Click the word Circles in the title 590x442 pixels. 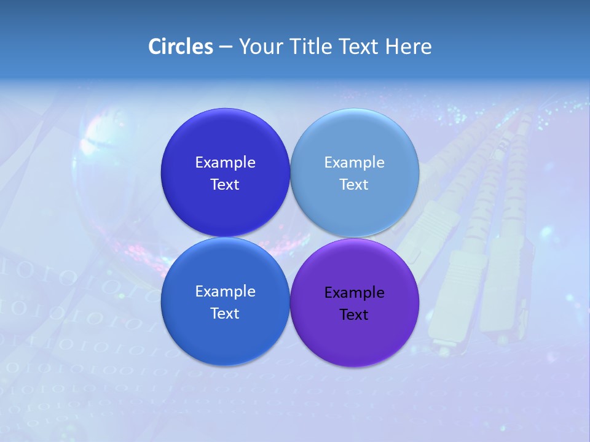(x=180, y=47)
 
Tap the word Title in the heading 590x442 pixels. (x=313, y=47)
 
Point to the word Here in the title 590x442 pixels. (x=408, y=47)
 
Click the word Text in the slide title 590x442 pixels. (x=360, y=47)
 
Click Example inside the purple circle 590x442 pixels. (x=354, y=293)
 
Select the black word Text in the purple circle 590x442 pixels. (x=354, y=315)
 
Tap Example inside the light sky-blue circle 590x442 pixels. (x=354, y=163)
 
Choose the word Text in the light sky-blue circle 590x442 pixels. (x=354, y=185)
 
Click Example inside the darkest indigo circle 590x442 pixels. (x=225, y=163)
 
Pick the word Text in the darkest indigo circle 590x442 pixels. (x=225, y=185)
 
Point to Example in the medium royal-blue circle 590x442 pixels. (x=225, y=292)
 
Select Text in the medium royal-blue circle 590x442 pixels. (x=225, y=314)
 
